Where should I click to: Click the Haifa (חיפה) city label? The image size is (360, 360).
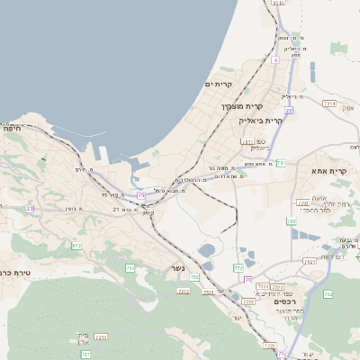[x=13, y=129]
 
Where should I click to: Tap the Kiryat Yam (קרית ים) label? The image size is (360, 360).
[x=219, y=85]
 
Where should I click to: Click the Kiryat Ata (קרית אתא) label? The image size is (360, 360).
[x=329, y=171]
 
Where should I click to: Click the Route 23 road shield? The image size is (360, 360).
[x=30, y=208]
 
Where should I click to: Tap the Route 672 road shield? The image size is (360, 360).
[x=76, y=245]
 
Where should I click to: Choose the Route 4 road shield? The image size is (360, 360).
[x=274, y=60]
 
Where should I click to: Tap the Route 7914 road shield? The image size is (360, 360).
[x=329, y=103]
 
